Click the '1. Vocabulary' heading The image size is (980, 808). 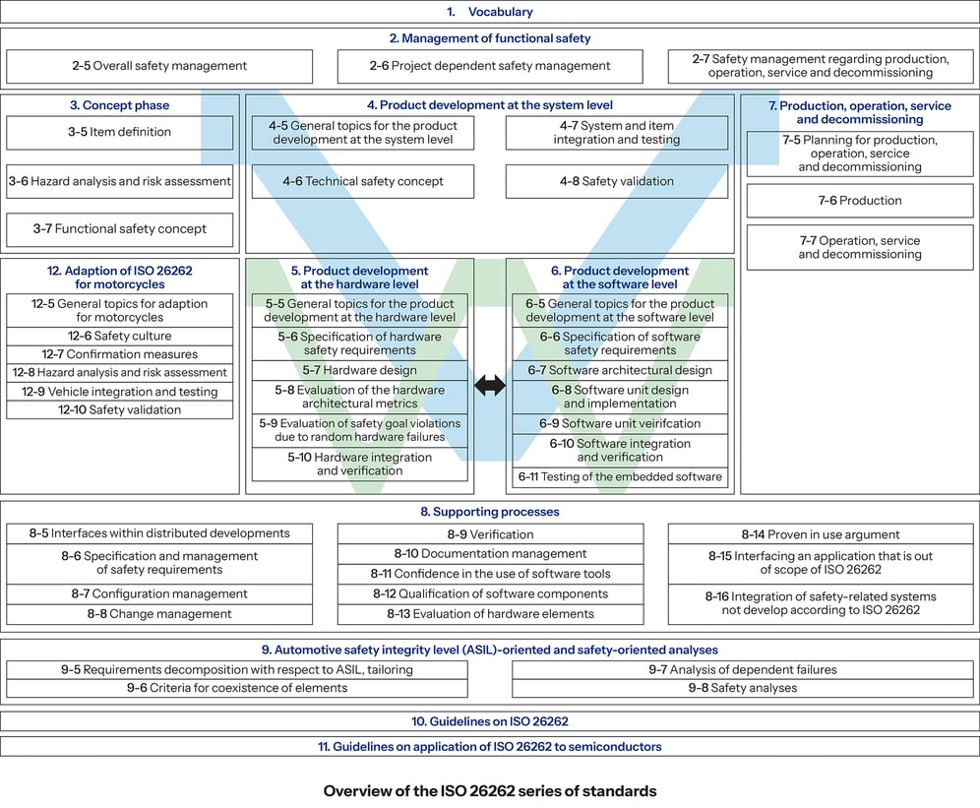pyautogui.click(x=489, y=12)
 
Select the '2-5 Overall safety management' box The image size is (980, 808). pyautogui.click(x=158, y=66)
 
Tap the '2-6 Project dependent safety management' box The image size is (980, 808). pyautogui.click(x=490, y=66)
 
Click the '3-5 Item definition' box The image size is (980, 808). pyautogui.click(x=119, y=132)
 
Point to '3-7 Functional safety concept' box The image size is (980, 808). pyautogui.click(x=119, y=229)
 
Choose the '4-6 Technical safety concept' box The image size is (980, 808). pyautogui.click(x=362, y=181)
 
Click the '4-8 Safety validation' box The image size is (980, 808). pyautogui.click(x=616, y=181)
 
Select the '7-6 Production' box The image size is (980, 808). pyautogui.click(x=859, y=201)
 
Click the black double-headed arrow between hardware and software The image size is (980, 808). pyautogui.click(x=489, y=386)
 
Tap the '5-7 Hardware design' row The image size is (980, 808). pyautogui.click(x=359, y=370)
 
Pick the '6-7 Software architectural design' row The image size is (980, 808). pyautogui.click(x=620, y=370)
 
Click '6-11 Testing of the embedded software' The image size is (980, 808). pyautogui.click(x=620, y=477)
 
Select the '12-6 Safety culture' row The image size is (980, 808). pyautogui.click(x=119, y=336)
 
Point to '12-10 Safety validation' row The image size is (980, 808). pyautogui.click(x=119, y=409)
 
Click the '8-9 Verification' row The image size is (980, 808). pyautogui.click(x=490, y=534)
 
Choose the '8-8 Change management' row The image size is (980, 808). pyautogui.click(x=158, y=614)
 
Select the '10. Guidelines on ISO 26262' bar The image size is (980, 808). pyautogui.click(x=489, y=721)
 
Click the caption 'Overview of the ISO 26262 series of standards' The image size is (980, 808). pyautogui.click(x=489, y=790)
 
